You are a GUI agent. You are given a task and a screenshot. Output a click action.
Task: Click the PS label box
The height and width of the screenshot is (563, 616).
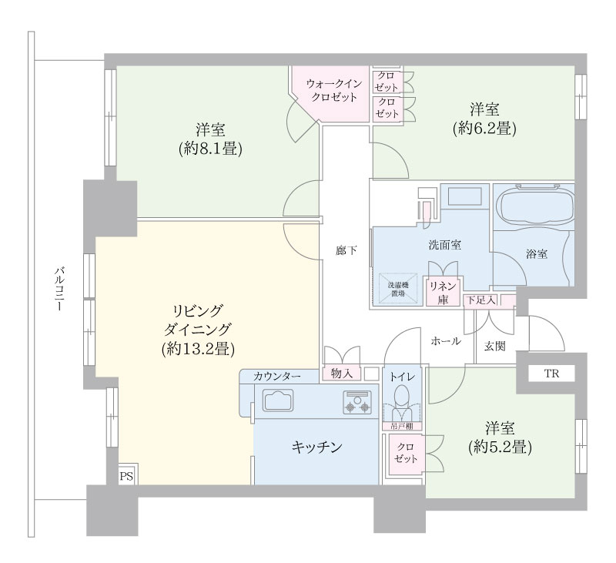point(126,477)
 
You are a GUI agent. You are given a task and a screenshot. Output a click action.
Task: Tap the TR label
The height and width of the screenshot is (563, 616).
point(551,374)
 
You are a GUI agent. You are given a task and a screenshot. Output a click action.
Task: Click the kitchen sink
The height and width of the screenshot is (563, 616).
point(279,400)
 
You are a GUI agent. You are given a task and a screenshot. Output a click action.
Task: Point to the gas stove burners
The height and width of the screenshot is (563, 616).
point(357,403)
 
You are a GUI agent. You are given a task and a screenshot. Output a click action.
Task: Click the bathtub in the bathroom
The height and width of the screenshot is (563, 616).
point(534,206)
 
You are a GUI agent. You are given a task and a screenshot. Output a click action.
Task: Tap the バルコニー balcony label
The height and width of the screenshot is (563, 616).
point(60,290)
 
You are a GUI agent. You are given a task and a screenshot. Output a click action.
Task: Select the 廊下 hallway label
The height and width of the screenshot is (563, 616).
point(346,250)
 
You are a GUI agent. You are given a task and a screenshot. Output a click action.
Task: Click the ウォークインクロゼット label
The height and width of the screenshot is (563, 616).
point(334,90)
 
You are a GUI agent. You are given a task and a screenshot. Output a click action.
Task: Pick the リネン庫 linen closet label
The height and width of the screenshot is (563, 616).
point(444,292)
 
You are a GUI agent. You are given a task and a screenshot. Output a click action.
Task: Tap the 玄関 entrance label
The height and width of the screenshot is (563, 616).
point(494,347)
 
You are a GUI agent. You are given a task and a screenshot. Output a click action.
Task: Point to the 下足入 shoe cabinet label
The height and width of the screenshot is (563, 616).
point(481,300)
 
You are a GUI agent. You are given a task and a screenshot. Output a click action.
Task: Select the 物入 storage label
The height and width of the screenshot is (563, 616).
point(342,374)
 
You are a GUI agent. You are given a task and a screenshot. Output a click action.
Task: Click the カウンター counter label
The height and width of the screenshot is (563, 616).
point(277,376)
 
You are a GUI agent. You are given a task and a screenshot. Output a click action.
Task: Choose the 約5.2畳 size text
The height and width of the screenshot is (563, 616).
point(500,447)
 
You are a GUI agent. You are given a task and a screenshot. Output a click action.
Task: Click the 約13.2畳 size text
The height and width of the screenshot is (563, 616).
point(199,348)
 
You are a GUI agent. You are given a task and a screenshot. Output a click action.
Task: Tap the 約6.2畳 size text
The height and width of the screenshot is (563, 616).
point(484,128)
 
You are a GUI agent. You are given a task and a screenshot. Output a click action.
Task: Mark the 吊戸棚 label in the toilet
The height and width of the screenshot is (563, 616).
point(401,426)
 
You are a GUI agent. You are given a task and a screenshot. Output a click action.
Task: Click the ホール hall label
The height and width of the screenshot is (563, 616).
point(446,341)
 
